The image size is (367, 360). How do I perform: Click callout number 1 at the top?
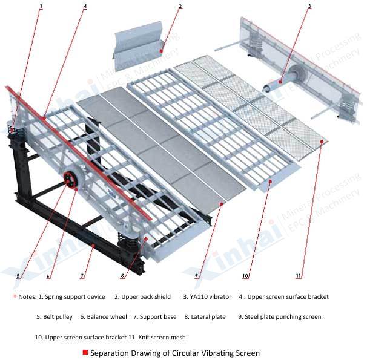pyautogui.click(x=41, y=6)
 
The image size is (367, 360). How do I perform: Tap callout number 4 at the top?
pyautogui.click(x=85, y=6)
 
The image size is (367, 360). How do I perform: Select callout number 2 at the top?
pyautogui.click(x=180, y=6)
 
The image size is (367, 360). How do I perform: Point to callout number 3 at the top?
pyautogui.click(x=309, y=6)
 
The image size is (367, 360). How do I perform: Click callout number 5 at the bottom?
pyautogui.click(x=18, y=276)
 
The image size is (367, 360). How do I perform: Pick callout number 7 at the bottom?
pyautogui.click(x=82, y=276)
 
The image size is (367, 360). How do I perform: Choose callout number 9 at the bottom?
pyautogui.click(x=196, y=276)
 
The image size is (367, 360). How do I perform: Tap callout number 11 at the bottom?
pyautogui.click(x=298, y=276)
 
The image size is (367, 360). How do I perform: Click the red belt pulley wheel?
pyautogui.click(x=70, y=180)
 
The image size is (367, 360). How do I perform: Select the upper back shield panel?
pyautogui.click(x=139, y=43)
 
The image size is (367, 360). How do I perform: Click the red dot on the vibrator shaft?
pyautogui.click(x=280, y=82)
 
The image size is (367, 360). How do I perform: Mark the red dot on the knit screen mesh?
pyautogui.click(x=322, y=142)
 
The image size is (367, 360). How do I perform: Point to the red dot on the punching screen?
pyautogui.click(x=222, y=204)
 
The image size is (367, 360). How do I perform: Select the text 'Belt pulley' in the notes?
pyautogui.click(x=58, y=317)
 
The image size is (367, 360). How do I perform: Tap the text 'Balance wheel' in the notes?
pyautogui.click(x=107, y=317)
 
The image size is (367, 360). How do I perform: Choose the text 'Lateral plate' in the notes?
pyautogui.click(x=208, y=317)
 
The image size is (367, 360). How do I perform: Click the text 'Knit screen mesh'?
pyautogui.click(x=162, y=338)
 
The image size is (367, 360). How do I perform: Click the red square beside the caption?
pyautogui.click(x=85, y=352)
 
